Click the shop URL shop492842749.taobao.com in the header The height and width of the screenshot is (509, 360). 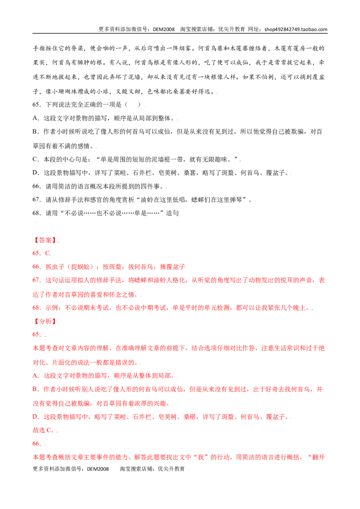pos(296,29)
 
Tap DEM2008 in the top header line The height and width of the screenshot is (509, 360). pos(164,29)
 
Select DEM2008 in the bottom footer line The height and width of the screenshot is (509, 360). pos(98,469)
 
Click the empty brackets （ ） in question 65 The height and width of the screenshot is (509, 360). pos(133,104)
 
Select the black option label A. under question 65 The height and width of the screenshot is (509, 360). pos(36,118)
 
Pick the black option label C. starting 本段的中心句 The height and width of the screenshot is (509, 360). pos(36,159)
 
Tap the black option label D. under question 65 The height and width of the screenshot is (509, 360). pos(36,173)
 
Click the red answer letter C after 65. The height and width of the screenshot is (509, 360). pos(47,253)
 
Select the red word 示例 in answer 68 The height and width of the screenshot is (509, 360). pos(51,308)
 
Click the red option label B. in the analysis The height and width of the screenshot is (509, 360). pos(36,389)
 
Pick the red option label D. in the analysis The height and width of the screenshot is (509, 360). pos(36,416)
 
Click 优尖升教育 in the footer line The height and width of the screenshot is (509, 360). pos(171,469)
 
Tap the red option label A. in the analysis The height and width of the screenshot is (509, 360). pos(36,375)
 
